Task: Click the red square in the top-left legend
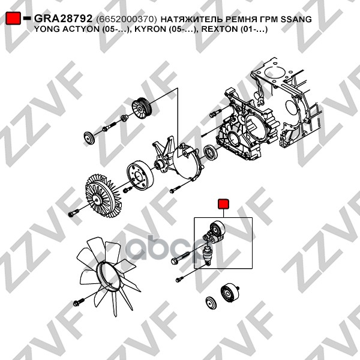click(x=13, y=18)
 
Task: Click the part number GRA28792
click(x=63, y=19)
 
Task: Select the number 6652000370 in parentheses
click(x=127, y=19)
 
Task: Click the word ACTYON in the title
click(x=81, y=29)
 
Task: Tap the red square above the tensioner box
click(x=223, y=204)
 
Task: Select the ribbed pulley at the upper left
click(x=142, y=109)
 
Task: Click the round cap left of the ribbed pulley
click(x=89, y=138)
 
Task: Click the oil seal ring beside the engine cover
click(x=211, y=152)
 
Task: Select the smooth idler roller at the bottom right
click(x=229, y=293)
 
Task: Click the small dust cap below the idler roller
click(x=211, y=304)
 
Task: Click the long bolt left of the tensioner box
click(x=181, y=257)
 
